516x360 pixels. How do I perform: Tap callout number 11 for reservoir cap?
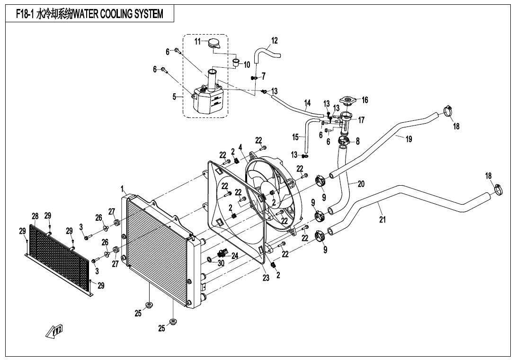[x=198, y=42]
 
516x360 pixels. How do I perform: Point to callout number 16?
[x=365, y=100]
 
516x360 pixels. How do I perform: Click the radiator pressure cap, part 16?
[x=349, y=101]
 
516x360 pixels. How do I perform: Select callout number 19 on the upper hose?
[x=409, y=138]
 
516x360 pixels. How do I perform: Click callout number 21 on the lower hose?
[x=383, y=219]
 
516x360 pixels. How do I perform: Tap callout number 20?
[x=361, y=184]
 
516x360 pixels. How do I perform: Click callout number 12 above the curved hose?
[x=274, y=40]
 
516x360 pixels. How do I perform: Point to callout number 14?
[x=307, y=103]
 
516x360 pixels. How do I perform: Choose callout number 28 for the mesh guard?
[x=35, y=216]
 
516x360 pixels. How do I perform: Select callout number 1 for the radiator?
[x=122, y=189]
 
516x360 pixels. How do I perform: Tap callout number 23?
[x=266, y=278]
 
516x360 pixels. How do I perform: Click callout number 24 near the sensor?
[x=235, y=256]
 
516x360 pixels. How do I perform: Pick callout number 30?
[x=221, y=263]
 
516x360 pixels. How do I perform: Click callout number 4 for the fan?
[x=240, y=147]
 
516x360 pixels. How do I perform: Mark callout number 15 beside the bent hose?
[x=295, y=137]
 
